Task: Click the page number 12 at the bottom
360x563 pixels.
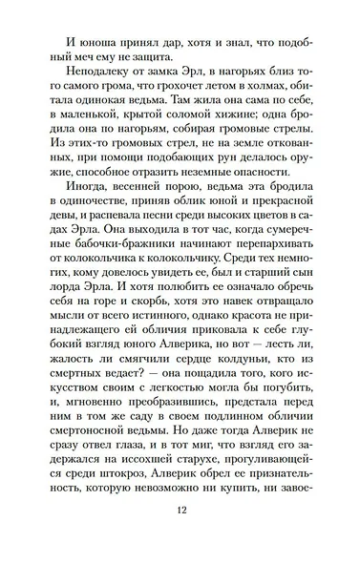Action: pos(180,535)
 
